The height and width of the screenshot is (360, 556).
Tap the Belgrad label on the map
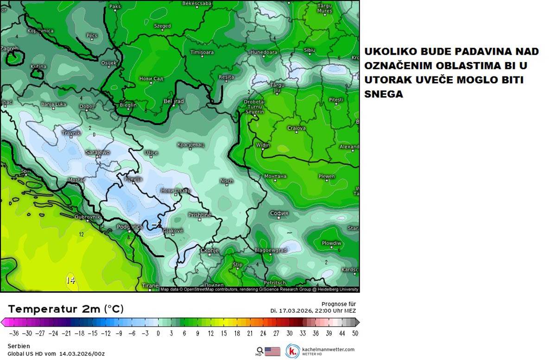pos(174,101)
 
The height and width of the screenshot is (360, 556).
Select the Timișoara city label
pos(202,52)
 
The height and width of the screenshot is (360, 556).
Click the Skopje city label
pos(209,251)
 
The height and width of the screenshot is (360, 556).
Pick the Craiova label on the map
pos(297,128)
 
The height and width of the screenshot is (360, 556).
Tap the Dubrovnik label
pos(88,216)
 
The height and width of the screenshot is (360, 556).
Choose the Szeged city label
pos(162,26)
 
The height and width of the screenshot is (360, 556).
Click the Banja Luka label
pos(54,104)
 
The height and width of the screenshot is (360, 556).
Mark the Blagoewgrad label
pos(271,250)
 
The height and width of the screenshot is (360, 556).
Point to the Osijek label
pos(109,63)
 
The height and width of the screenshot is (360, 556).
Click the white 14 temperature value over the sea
pos(70,280)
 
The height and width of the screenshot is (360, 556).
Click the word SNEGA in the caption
pos(384,94)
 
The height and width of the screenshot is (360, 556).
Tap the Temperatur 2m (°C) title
pos(66,309)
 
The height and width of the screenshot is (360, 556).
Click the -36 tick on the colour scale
pos(14,333)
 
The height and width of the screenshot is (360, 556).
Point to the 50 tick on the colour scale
pos(354,333)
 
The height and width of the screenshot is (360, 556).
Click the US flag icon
pos(272,351)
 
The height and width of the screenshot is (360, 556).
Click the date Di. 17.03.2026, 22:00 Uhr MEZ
pos(313,311)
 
